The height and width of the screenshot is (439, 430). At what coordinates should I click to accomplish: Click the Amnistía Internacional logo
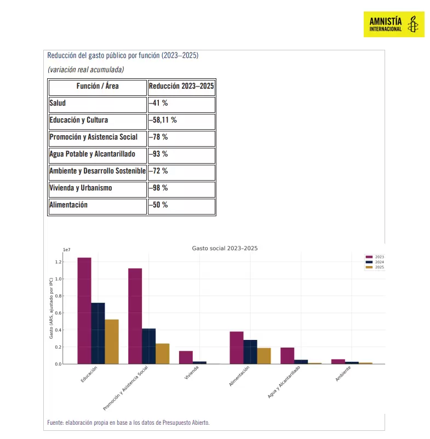tap(393, 24)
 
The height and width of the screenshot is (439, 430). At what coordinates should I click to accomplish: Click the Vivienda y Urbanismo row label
tap(81, 188)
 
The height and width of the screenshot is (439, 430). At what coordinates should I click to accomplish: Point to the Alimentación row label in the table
tap(68, 205)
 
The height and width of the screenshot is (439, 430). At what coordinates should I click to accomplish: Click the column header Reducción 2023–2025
tap(181, 86)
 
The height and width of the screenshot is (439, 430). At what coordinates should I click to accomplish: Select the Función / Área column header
tap(98, 86)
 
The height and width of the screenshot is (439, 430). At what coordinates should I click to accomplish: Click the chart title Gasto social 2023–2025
tap(225, 249)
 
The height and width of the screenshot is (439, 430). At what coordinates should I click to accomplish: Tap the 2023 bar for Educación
tap(84, 310)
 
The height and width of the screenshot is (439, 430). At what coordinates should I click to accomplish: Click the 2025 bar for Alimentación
tap(264, 356)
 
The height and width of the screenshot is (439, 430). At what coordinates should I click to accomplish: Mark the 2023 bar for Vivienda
tap(186, 357)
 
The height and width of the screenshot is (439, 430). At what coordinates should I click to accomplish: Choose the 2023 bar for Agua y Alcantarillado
tap(287, 356)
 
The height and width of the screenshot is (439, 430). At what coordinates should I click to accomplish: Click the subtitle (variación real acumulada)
tap(85, 70)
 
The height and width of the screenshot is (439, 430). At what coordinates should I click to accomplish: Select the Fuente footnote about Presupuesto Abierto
tap(128, 423)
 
